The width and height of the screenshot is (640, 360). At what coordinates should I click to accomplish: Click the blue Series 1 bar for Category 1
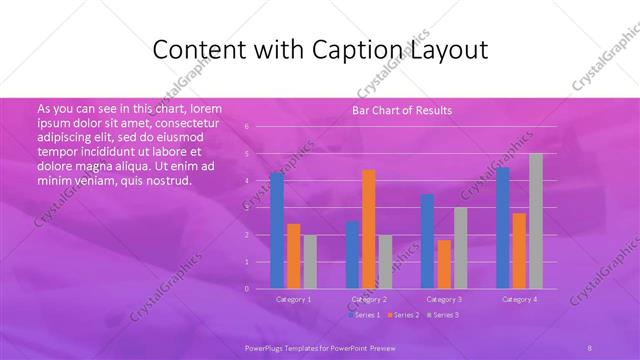pos(277,231)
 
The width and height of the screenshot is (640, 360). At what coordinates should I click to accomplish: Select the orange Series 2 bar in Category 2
pos(369,229)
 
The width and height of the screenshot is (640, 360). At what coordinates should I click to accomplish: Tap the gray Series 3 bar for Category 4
pos(536,221)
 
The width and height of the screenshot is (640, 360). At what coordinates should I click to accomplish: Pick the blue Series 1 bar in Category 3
pos(428,241)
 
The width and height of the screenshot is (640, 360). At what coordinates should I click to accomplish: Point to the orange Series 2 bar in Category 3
pos(444,264)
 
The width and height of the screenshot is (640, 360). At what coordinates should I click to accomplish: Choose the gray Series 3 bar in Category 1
pos(310,262)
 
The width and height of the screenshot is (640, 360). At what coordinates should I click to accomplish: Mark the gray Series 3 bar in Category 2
pos(386,262)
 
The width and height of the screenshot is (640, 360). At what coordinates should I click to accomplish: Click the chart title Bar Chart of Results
pos(402,110)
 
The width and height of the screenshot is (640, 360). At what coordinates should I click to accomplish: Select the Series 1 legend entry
pos(363,315)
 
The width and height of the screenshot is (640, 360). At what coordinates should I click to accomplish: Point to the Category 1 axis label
pos(293,299)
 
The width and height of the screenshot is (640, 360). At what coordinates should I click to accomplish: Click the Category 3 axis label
pos(444,299)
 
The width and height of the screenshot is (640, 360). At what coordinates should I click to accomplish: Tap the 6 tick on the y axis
pos(247,127)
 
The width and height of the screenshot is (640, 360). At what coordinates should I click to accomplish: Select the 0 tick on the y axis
pos(247,289)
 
